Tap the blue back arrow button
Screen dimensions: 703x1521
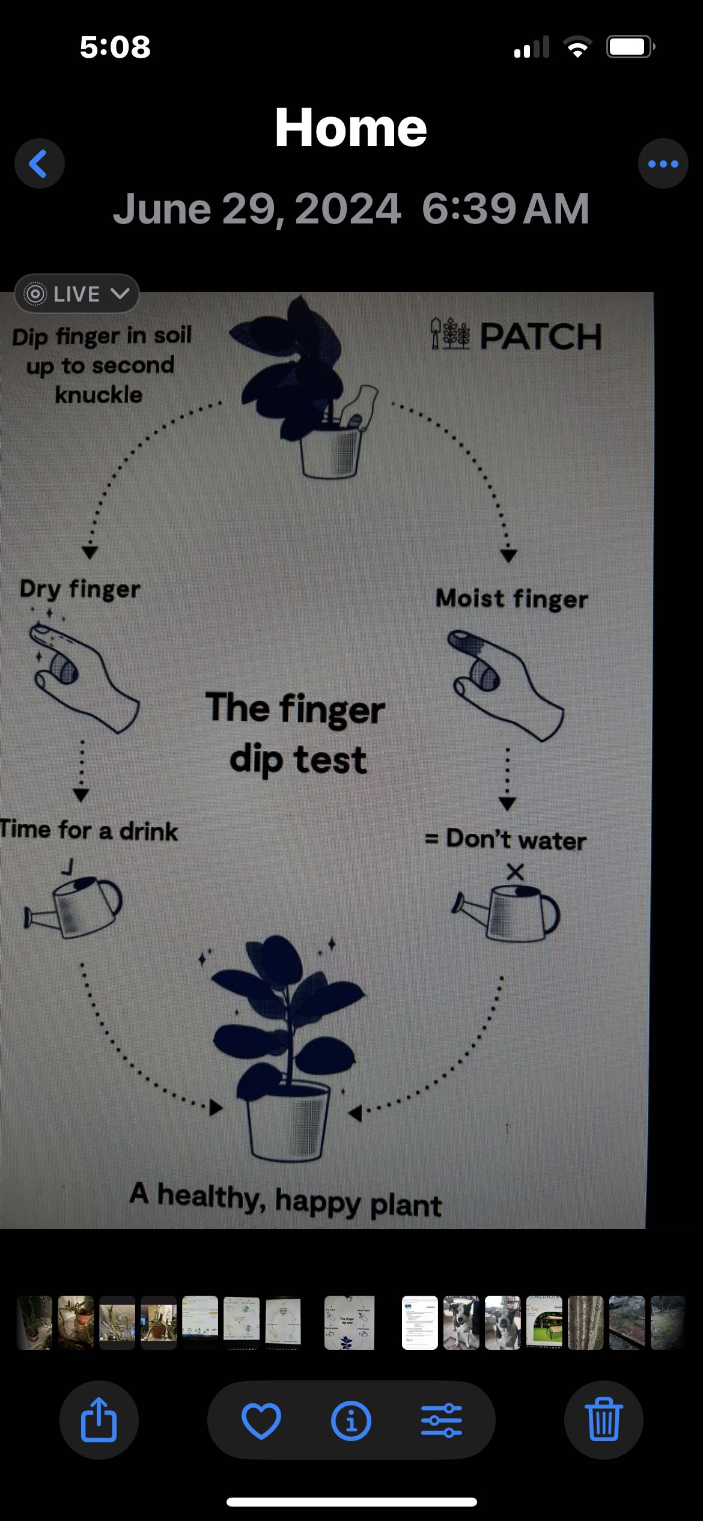(x=40, y=164)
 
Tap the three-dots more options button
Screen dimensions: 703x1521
(x=663, y=164)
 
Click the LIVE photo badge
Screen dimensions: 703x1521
(x=77, y=294)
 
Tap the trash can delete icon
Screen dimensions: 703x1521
(x=603, y=1420)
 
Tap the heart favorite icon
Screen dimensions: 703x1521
(x=261, y=1421)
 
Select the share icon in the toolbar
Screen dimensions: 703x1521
(x=99, y=1419)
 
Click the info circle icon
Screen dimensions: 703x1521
(x=351, y=1421)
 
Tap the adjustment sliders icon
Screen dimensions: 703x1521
(x=442, y=1421)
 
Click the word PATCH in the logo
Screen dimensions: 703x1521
(x=541, y=336)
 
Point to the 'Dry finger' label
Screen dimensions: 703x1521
(x=80, y=589)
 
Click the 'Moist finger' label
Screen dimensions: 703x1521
(x=511, y=599)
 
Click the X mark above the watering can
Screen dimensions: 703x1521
(x=515, y=872)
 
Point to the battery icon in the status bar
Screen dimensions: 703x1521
(x=630, y=46)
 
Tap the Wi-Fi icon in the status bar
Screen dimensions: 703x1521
(x=577, y=46)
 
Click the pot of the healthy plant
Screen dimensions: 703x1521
(x=289, y=1121)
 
